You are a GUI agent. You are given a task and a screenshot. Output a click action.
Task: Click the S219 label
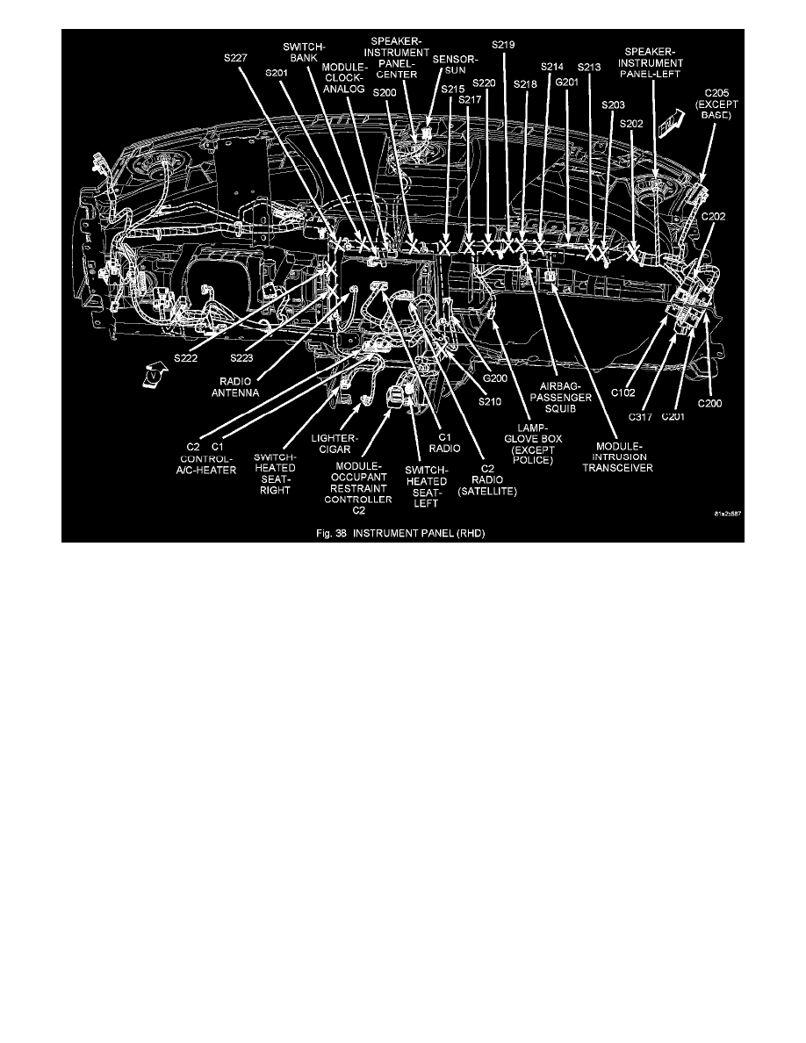point(504,44)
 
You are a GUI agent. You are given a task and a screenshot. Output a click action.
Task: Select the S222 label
point(186,358)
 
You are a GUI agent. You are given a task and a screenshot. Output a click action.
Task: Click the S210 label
point(491,402)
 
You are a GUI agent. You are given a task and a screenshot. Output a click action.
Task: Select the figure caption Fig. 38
point(401,533)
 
